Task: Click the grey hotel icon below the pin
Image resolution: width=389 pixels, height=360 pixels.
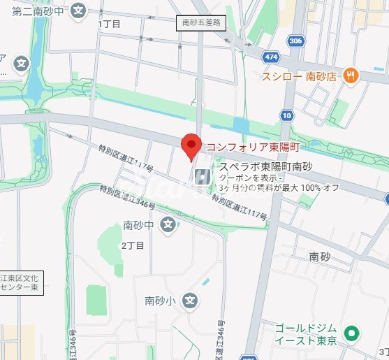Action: pos(203,178)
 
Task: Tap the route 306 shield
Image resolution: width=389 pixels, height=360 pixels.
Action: pos(295,41)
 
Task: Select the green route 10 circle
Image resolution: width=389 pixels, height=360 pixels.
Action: pos(286,115)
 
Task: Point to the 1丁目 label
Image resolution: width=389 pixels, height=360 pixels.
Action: pos(110,24)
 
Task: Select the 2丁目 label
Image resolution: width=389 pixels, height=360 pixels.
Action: pos(133,245)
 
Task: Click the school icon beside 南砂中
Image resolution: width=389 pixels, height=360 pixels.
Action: pos(168,224)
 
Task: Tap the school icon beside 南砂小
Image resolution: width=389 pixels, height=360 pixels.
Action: pos(190,301)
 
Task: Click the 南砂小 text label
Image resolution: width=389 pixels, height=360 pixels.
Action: pos(161,301)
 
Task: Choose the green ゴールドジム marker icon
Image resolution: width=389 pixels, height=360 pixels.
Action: pos(353,334)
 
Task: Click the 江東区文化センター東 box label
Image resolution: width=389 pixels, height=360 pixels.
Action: pos(22,282)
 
